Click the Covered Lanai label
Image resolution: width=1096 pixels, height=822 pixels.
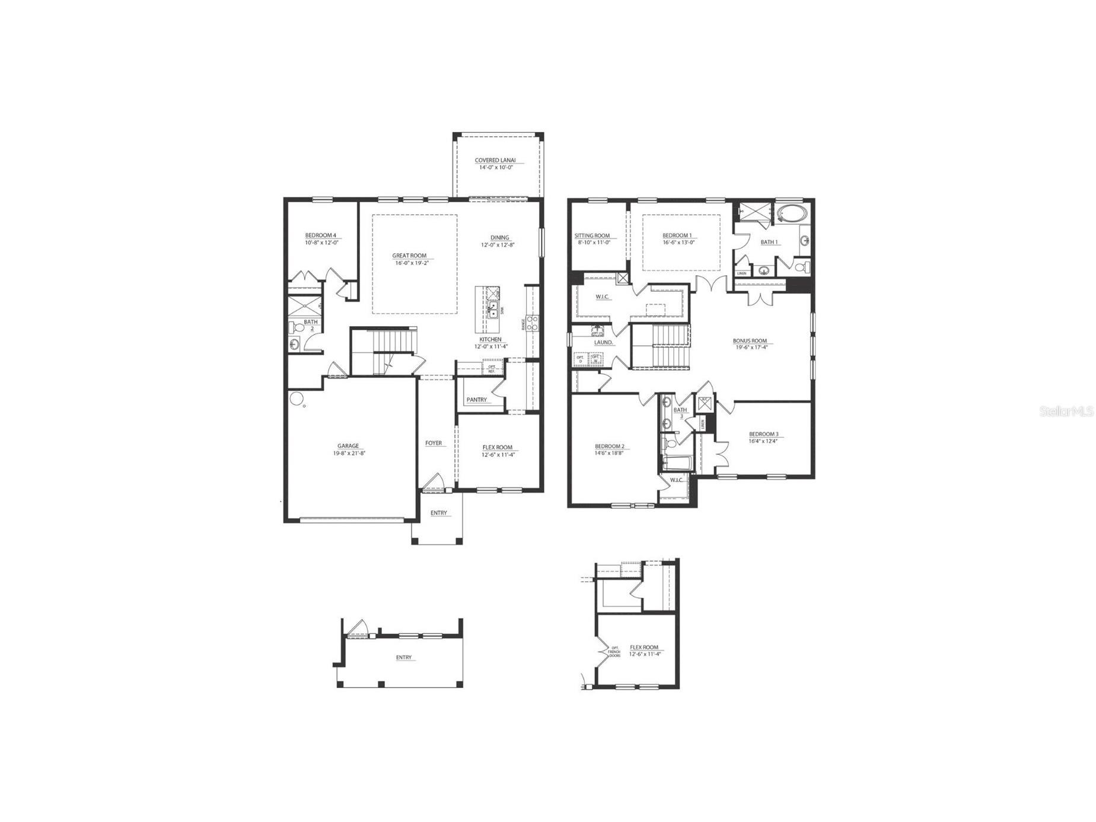coord(495,160)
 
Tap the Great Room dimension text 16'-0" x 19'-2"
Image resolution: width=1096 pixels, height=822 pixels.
coord(409,263)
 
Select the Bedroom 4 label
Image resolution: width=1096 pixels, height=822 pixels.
coord(321,235)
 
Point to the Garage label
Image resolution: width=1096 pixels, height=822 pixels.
coord(348,446)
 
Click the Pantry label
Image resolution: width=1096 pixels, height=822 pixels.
coord(476,400)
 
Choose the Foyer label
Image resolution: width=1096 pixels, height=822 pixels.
coord(434,443)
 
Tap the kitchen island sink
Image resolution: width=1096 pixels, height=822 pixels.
coord(493,309)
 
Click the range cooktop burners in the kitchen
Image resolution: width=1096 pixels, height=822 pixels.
coord(533,323)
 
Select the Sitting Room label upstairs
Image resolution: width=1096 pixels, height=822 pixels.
coord(592,235)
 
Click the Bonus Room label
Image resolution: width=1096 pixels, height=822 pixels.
coord(750,341)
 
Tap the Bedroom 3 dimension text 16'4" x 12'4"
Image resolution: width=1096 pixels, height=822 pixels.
coord(763,441)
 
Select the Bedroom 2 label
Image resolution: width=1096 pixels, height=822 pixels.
coord(610,446)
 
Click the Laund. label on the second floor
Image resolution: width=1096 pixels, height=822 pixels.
coord(604,342)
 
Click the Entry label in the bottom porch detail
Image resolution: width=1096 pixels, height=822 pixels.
coord(404,657)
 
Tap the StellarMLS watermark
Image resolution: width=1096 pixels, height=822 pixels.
coord(1066,411)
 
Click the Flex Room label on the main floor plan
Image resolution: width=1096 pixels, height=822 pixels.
coord(497,447)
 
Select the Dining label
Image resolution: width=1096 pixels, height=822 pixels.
coord(499,237)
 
